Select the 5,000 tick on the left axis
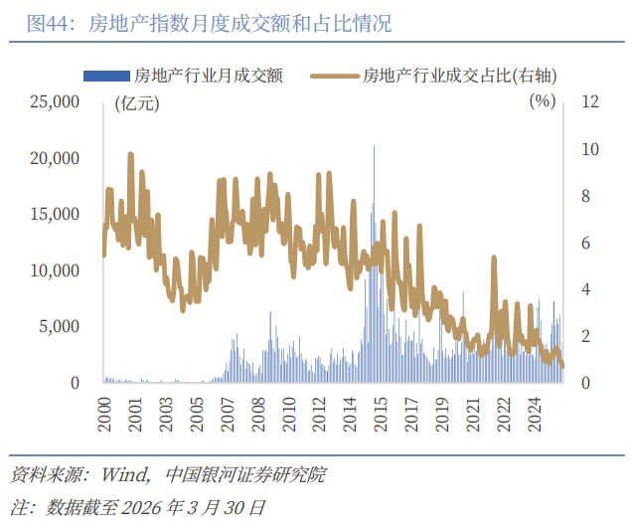pyautogui.click(x=59, y=326)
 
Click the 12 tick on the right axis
pyautogui.click(x=590, y=101)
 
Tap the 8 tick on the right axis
pyautogui.click(x=586, y=196)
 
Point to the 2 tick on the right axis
pyautogui.click(x=586, y=336)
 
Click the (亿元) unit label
pyautogui.click(x=135, y=101)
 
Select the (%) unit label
pyautogui.click(x=541, y=100)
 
